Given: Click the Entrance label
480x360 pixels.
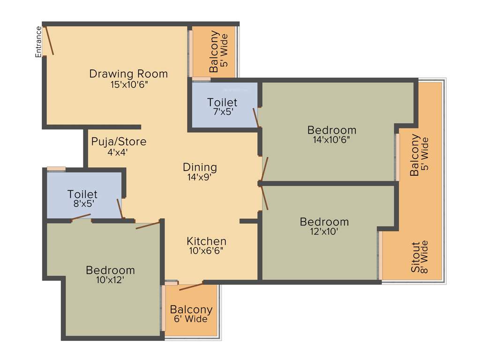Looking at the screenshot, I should click(39, 42).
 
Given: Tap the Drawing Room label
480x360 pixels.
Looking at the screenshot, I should click(128, 74).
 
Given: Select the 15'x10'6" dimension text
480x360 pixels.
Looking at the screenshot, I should click(128, 85).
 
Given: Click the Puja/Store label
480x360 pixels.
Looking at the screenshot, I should click(119, 142).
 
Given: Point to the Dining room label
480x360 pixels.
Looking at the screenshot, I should click(200, 167).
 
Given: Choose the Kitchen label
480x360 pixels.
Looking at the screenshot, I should click(206, 241).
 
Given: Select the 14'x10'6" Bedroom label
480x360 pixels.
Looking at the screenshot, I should click(331, 130).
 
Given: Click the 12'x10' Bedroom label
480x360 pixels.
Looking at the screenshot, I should click(324, 222).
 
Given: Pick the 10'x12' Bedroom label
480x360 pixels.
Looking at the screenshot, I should click(110, 270).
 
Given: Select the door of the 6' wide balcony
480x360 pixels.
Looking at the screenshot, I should click(191, 286).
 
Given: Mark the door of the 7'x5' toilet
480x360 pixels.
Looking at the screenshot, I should click(256, 118).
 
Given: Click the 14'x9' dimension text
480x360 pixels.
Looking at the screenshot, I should click(200, 177).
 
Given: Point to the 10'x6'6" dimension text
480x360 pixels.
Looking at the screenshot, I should click(206, 250).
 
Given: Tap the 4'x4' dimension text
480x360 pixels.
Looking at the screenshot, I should click(118, 152).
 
